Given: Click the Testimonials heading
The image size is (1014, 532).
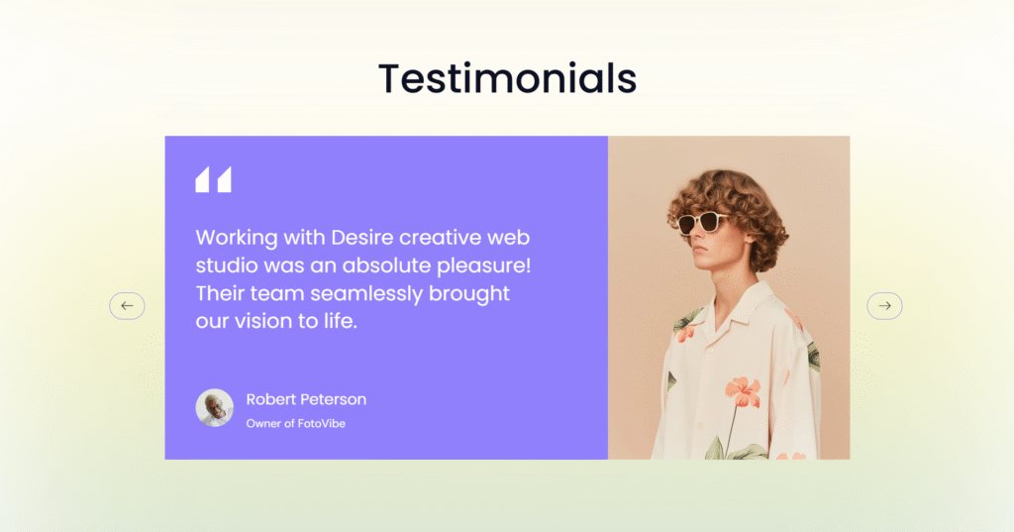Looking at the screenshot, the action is [x=508, y=78].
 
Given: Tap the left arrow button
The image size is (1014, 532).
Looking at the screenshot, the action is [x=127, y=305].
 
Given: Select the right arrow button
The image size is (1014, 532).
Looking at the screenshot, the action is [x=884, y=305].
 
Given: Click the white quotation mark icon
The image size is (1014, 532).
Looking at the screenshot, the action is [x=214, y=179].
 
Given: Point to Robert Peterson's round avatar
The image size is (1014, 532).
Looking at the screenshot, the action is [x=215, y=408].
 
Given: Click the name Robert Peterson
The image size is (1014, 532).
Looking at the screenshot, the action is [x=306, y=399].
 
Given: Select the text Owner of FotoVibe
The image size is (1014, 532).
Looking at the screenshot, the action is [x=295, y=423].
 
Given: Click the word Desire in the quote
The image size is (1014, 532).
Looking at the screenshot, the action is [x=362, y=237].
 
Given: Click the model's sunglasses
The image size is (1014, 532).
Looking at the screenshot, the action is [x=701, y=221].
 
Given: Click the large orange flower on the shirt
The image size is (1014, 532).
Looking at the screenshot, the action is [x=743, y=392].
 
